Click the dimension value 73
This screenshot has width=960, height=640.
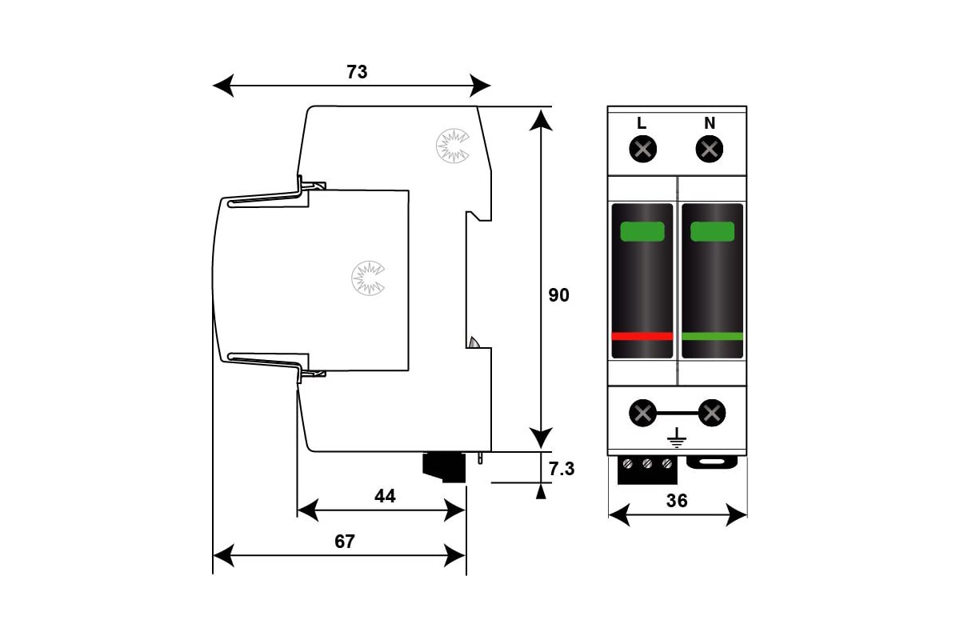tap(357, 72)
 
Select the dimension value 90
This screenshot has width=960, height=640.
tap(559, 295)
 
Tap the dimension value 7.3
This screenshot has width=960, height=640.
tap(562, 469)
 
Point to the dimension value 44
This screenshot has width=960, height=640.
tap(385, 496)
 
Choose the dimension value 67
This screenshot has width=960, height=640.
tap(345, 542)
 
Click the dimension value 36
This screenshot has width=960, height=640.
tap(677, 501)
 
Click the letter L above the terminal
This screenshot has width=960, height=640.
tap(642, 123)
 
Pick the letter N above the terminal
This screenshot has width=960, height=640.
tap(710, 123)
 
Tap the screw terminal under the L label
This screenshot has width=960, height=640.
tap(643, 149)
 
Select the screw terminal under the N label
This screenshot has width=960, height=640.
tap(710, 149)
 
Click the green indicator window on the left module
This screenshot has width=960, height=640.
tap(642, 231)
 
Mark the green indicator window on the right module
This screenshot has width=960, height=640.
tap(712, 231)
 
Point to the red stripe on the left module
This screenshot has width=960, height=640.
tap(642, 337)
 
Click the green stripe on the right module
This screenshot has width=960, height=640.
tap(712, 337)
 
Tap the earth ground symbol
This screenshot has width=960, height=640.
tap(677, 438)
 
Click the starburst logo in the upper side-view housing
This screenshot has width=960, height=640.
tap(453, 146)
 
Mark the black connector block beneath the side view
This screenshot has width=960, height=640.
tap(444, 467)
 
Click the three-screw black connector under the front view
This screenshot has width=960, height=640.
tap(647, 470)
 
